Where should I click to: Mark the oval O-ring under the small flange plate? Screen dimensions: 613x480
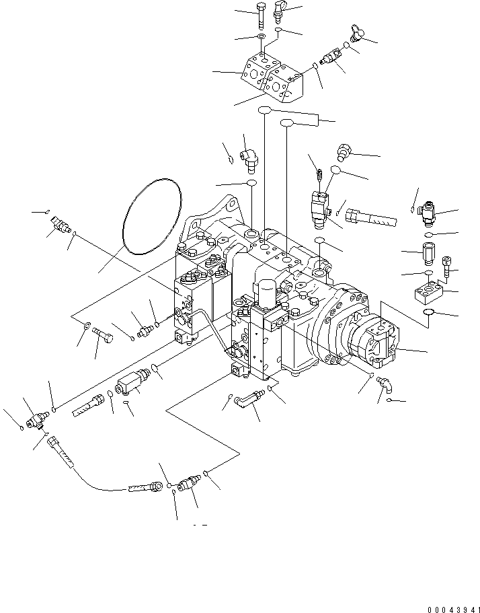click(x=433, y=314)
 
